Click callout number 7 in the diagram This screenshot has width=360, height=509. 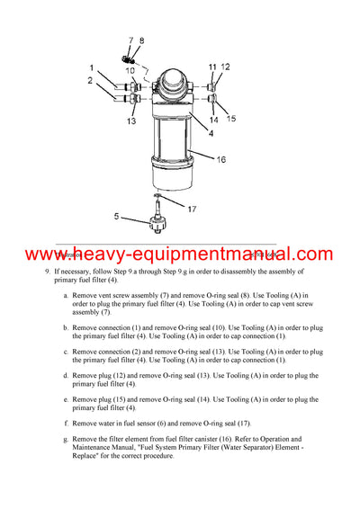tap(130, 40)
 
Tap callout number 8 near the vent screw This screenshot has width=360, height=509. tap(140, 40)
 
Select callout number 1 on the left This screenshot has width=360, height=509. tap(91, 67)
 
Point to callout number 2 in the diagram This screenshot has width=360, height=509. tap(91, 81)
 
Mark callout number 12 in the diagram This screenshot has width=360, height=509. tap(226, 67)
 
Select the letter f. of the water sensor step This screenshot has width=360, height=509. tap(67, 422)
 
